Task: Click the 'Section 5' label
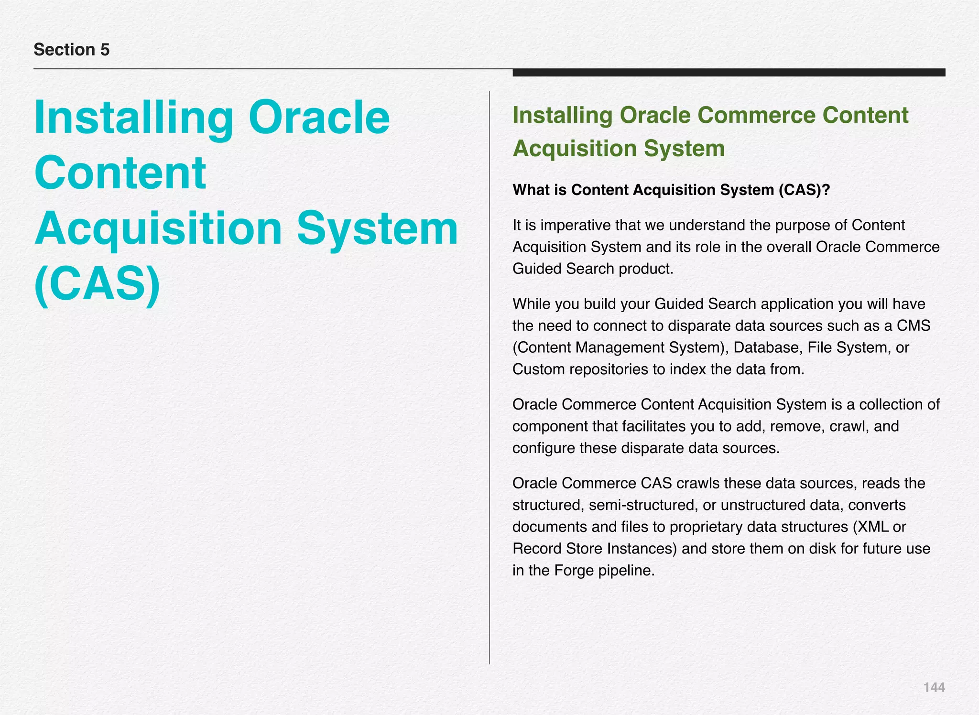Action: tap(72, 50)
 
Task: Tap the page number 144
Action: tap(934, 687)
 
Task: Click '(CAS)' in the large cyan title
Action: tap(98, 284)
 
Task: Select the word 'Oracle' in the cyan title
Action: tap(319, 118)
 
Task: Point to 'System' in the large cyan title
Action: tap(377, 228)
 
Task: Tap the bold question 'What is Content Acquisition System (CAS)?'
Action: tap(671, 190)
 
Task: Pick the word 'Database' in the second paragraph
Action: tap(766, 347)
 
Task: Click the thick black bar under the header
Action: tap(729, 73)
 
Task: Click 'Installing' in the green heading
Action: tap(562, 115)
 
